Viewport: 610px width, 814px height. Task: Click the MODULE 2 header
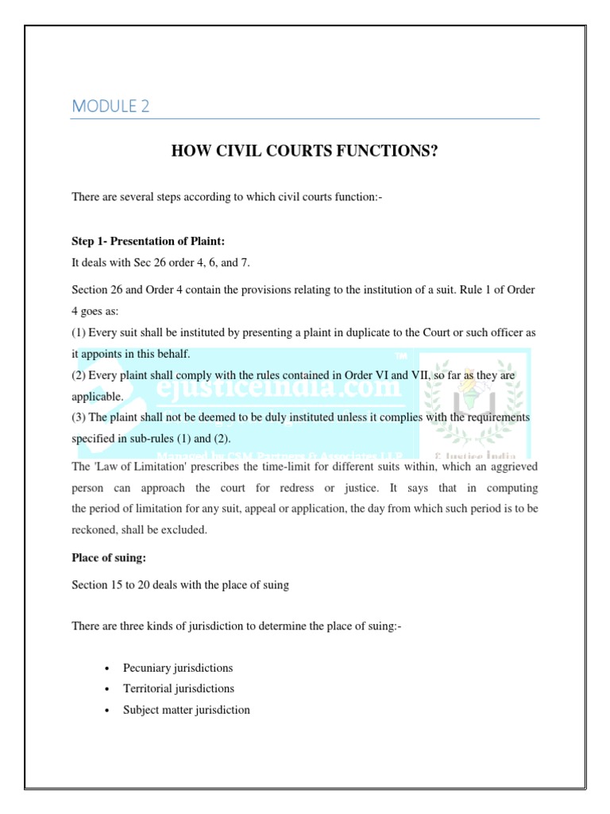click(x=110, y=106)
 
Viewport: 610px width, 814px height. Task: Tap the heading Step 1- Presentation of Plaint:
click(x=152, y=241)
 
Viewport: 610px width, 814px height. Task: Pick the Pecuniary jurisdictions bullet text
click(x=177, y=668)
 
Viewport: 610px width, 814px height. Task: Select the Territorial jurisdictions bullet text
click(x=178, y=688)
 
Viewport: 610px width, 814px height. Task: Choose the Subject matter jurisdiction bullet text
click(x=186, y=709)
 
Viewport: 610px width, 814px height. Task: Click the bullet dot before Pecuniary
click(x=106, y=669)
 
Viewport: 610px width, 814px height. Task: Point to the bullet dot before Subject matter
click(x=106, y=710)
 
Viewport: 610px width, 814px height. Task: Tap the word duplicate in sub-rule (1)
click(x=312, y=331)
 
